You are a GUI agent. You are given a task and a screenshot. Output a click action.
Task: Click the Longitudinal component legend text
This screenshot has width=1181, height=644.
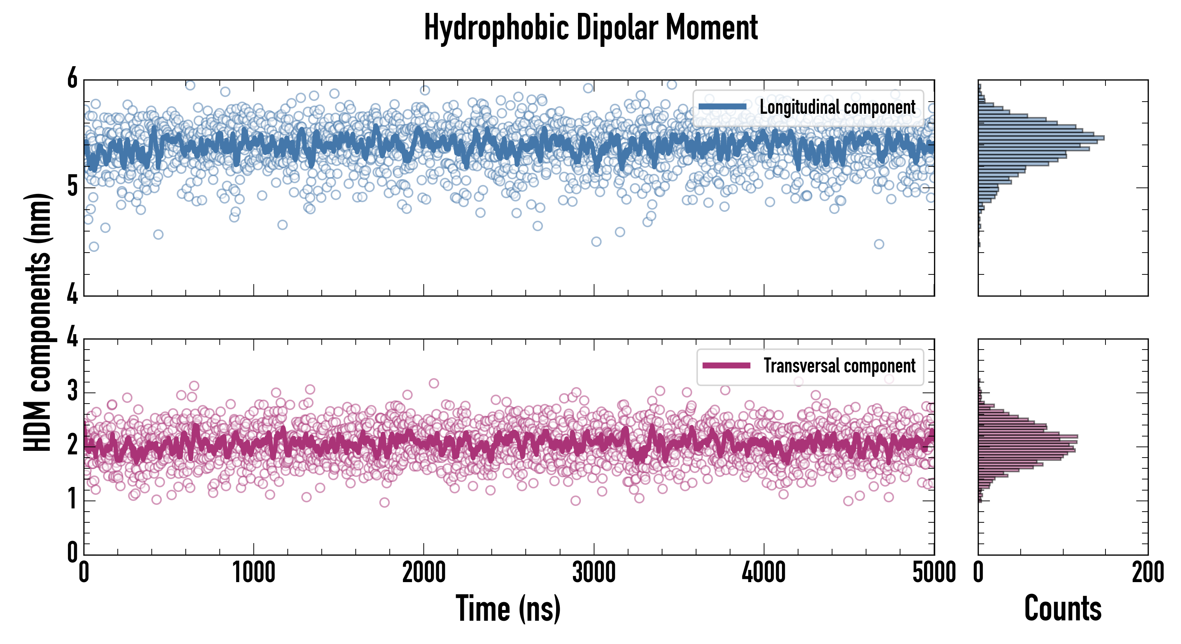pyautogui.click(x=837, y=107)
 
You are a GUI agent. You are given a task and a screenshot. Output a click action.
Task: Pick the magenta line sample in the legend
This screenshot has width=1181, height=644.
pyautogui.click(x=726, y=366)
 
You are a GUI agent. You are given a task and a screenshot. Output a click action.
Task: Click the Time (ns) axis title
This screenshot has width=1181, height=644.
pyautogui.click(x=508, y=608)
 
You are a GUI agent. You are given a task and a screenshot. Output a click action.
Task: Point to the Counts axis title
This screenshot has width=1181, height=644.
pyautogui.click(x=1063, y=608)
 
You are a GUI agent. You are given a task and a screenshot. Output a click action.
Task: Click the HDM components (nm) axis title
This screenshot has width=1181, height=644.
pyautogui.click(x=38, y=322)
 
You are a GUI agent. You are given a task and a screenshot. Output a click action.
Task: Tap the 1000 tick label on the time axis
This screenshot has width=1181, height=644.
pyautogui.click(x=253, y=572)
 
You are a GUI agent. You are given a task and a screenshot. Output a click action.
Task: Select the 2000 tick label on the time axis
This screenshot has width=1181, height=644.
pyautogui.click(x=424, y=572)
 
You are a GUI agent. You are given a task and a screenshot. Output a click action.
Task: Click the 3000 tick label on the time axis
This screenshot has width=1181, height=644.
pyautogui.click(x=594, y=572)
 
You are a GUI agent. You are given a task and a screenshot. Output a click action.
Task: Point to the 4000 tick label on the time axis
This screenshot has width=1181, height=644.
pyautogui.click(x=764, y=572)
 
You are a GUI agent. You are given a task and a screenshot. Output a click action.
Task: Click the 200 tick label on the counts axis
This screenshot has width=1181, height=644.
pyautogui.click(x=1147, y=572)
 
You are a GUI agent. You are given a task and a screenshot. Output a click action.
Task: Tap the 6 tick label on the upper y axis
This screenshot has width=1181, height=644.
pyautogui.click(x=72, y=79)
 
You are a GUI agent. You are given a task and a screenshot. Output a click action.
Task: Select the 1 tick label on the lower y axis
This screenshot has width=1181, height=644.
pyautogui.click(x=72, y=499)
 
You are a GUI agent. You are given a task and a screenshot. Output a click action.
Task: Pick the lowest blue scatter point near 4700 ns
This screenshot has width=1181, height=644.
pyautogui.click(x=879, y=244)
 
